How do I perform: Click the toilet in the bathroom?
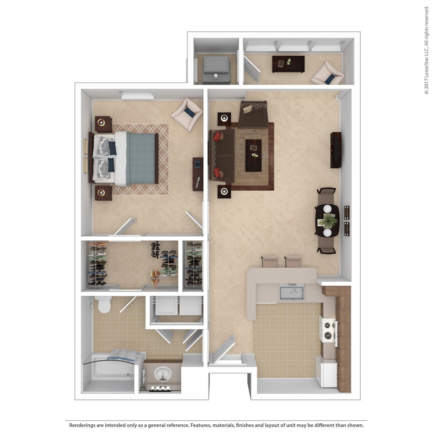(x=103, y=305)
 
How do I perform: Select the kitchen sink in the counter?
(x=292, y=292)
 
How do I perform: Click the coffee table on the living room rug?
(x=253, y=155)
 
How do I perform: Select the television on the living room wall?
(x=336, y=150)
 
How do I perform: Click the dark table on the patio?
(x=288, y=64)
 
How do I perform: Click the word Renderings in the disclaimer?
(x=83, y=425)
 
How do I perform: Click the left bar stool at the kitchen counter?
(x=270, y=261)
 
